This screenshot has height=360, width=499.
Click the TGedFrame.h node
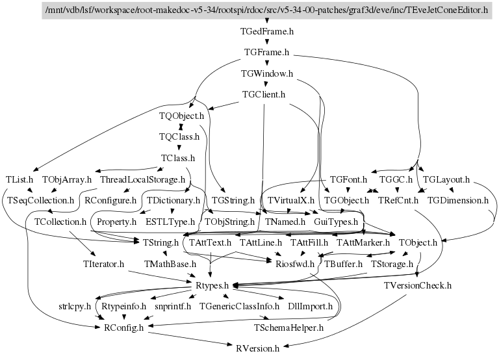tap(267, 31)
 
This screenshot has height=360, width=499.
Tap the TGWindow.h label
tap(267, 73)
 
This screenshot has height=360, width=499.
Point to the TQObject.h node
tap(182, 116)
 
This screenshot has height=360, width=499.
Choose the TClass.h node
tap(178, 157)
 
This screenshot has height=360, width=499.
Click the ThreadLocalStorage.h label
tap(142, 179)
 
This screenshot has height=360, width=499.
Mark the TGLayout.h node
tap(446, 179)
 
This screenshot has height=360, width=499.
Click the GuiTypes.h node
tap(335, 221)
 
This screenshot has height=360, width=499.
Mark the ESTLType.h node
tap(170, 221)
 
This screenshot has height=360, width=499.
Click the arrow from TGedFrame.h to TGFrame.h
tap(267, 41)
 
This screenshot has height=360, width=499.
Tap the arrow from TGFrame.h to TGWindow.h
tap(267, 62)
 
